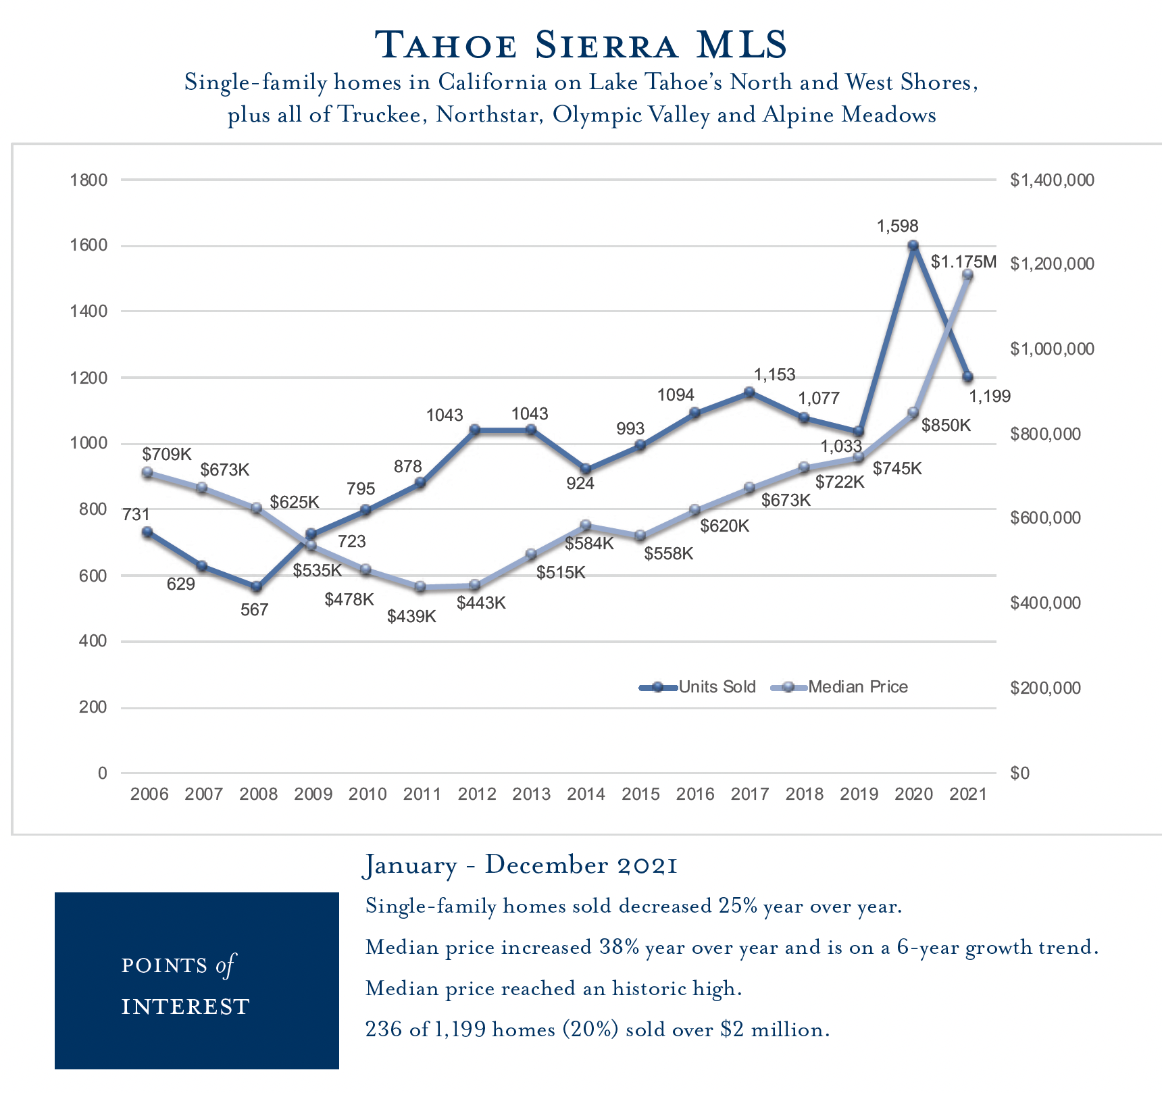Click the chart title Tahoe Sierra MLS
coord(581,45)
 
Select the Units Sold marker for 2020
coord(913,246)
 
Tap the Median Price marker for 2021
coord(967,274)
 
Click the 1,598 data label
coord(898,226)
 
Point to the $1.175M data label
coord(963,261)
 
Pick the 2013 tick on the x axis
coord(531,794)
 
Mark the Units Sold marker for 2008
coord(256,586)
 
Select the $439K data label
coord(412,616)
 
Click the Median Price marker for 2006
coord(147,473)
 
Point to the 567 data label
coord(255,610)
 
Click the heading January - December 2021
coord(521,865)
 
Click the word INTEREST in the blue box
coord(186,1007)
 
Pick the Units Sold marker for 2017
coord(749,392)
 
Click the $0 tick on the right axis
coord(1020,773)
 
